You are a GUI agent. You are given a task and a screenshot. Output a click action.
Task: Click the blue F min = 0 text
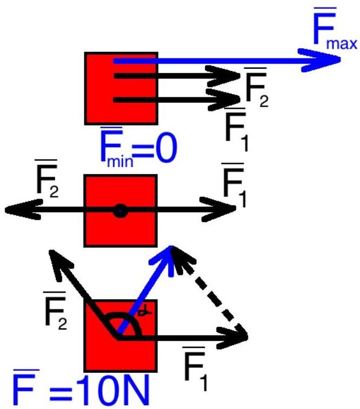coord(138,147)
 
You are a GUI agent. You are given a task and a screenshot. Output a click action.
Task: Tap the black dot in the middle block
coord(120,212)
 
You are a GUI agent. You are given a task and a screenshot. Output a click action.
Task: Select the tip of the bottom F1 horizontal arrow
coord(246,336)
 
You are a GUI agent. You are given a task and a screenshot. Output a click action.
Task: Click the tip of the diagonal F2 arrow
coord(50,251)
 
